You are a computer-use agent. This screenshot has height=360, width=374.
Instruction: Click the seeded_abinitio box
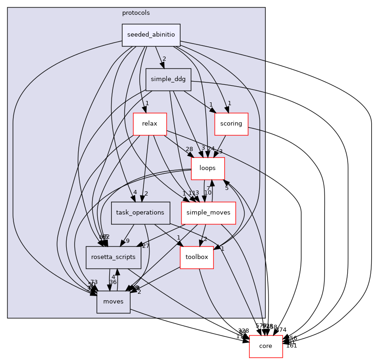click(x=151, y=35)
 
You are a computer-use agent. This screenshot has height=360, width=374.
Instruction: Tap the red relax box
click(x=150, y=124)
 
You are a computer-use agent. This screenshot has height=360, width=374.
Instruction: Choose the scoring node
click(x=231, y=124)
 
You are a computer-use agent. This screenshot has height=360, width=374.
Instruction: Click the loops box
click(x=208, y=169)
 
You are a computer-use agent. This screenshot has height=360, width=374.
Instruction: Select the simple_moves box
click(x=208, y=213)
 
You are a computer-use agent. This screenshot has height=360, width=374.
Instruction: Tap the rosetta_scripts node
click(x=113, y=257)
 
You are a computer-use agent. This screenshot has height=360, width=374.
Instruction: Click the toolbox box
click(x=197, y=257)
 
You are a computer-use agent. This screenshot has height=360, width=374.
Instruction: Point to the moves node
click(x=113, y=302)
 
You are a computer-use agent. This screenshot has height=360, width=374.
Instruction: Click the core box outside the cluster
click(x=266, y=346)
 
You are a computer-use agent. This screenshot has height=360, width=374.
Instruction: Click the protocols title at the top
click(x=136, y=13)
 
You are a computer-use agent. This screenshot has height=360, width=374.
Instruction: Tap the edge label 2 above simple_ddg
click(x=164, y=59)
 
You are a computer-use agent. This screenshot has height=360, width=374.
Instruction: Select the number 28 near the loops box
click(x=189, y=149)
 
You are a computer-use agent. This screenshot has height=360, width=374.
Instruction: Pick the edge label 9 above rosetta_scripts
click(x=127, y=240)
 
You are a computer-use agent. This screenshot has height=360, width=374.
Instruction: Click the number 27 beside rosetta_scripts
click(x=146, y=246)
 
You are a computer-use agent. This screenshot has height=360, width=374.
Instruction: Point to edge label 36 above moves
click(x=112, y=282)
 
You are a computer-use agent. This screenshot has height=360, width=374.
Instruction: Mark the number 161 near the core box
click(x=292, y=345)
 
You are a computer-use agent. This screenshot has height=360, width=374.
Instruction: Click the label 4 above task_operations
click(x=135, y=192)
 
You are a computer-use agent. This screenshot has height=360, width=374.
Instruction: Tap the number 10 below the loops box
click(x=208, y=192)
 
